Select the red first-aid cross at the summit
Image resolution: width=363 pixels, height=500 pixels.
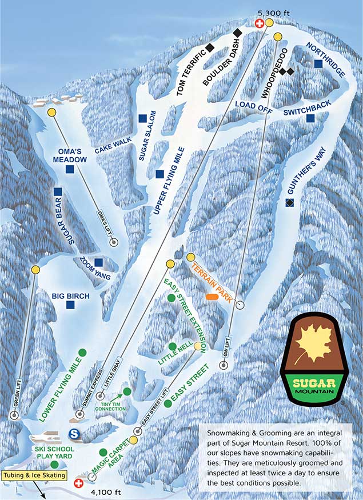(259, 23)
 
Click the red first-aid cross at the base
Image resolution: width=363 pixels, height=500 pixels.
(79, 483)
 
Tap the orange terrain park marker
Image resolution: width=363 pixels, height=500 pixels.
(213, 297)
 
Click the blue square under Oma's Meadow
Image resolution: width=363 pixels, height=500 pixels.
(70, 169)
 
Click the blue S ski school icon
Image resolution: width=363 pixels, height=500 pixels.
(74, 435)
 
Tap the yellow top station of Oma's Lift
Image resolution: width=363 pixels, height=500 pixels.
(51, 113)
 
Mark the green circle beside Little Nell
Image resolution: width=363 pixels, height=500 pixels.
(172, 346)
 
